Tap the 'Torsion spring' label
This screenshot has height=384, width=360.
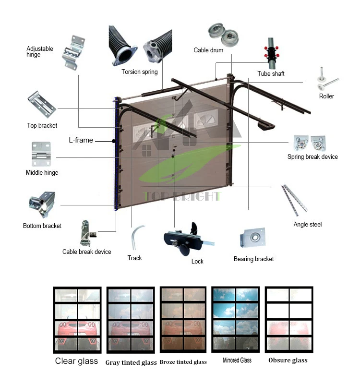click(x=139, y=72)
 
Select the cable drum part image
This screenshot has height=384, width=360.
click(x=221, y=34)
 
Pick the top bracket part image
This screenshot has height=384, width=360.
click(x=42, y=105)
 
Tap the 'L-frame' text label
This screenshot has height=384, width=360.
click(x=81, y=141)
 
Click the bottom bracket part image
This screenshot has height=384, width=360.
click(x=42, y=205)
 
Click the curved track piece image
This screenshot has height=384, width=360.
click(x=136, y=238)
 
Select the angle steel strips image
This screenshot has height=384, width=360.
click(x=294, y=199)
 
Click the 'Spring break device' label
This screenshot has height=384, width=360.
click(x=312, y=157)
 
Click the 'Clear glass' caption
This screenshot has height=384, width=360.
click(x=76, y=361)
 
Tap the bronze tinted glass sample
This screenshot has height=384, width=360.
click(x=183, y=319)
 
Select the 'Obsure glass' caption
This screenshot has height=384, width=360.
click(x=288, y=360)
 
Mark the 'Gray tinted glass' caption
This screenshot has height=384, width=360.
click(x=131, y=362)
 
